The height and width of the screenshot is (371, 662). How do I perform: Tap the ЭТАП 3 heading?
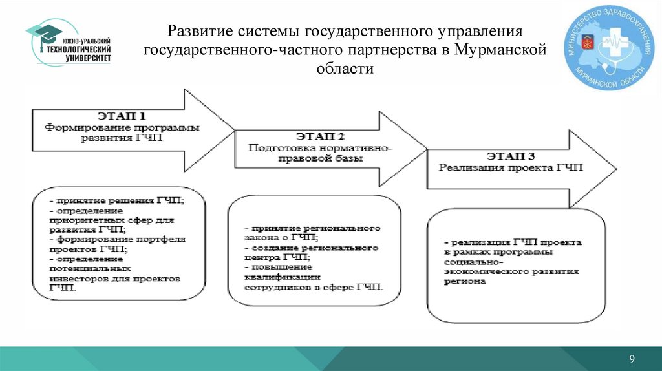click(511, 156)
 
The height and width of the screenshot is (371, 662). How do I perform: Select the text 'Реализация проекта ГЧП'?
click(511, 167)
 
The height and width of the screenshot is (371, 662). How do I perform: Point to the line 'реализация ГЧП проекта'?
click(513, 242)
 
